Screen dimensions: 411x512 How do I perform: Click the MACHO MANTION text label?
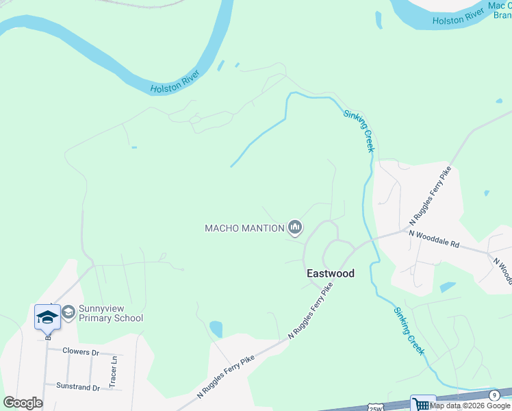(x=244, y=228)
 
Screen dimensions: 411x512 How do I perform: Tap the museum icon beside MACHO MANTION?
(x=295, y=227)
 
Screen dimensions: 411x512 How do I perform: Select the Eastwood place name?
(x=330, y=273)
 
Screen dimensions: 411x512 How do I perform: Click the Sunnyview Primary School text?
(x=111, y=313)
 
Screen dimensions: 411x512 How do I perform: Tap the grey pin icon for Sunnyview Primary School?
(x=68, y=312)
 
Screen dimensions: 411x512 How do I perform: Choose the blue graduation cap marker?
(x=47, y=317)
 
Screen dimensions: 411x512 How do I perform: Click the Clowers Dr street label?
(x=81, y=351)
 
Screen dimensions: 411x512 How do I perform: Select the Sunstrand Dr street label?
(x=78, y=386)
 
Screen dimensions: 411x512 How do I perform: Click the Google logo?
(x=23, y=403)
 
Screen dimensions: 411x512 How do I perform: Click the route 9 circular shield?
(x=494, y=395)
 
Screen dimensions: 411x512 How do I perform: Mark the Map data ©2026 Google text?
(x=470, y=406)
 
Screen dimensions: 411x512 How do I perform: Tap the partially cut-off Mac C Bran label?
(x=501, y=10)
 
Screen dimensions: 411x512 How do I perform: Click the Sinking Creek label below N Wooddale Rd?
(x=409, y=331)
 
